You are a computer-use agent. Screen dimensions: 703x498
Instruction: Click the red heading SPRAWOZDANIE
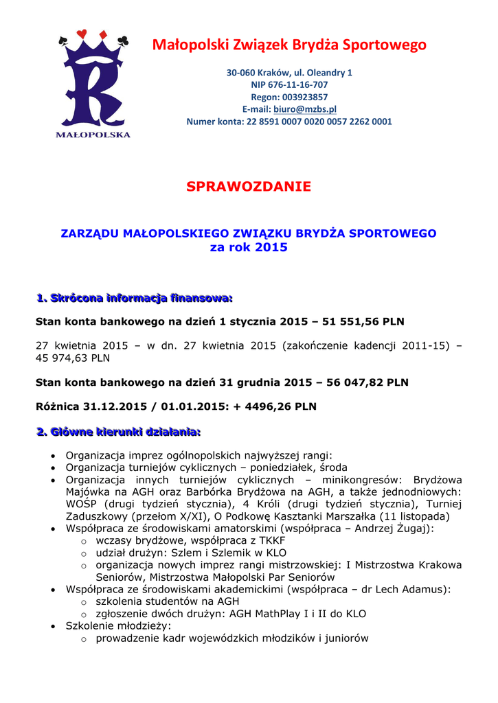coord(249,187)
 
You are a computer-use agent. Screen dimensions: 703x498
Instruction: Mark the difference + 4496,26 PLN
coord(272,406)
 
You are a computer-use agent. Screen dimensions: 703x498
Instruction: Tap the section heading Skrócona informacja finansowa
coord(135,298)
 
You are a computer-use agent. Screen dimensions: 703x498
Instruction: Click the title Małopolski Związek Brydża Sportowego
coord(289,45)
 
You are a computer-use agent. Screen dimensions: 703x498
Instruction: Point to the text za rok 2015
coord(249,247)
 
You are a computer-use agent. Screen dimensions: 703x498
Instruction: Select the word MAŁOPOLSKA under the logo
coord(93,135)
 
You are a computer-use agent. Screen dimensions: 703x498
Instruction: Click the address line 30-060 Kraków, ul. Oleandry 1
coord(289,72)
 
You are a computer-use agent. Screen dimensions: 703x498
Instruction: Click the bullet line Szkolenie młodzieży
coord(118,626)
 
